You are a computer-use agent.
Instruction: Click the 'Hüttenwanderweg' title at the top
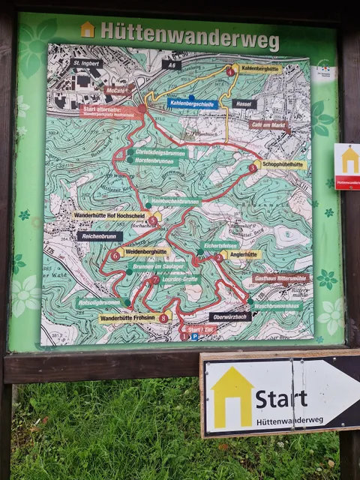[x=189, y=33]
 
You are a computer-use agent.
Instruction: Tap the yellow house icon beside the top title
[x=88, y=30]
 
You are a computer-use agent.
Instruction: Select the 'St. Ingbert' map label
[x=86, y=64]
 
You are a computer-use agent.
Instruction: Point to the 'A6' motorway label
[x=171, y=65]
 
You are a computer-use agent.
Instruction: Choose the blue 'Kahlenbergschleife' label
[x=192, y=103]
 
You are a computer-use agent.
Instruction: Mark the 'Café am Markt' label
[x=268, y=125]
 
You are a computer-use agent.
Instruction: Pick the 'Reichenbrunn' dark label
[x=100, y=236]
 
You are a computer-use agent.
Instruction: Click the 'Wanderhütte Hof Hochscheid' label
[x=115, y=215]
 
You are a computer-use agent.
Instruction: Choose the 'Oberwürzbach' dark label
[x=230, y=316]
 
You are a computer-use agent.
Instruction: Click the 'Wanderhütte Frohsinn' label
[x=129, y=318]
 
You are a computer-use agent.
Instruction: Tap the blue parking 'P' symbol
[x=193, y=337]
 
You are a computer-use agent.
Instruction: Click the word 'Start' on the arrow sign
[x=280, y=398]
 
